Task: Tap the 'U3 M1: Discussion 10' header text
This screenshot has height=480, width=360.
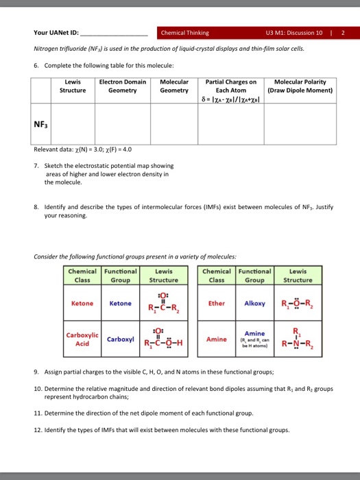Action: point(291,32)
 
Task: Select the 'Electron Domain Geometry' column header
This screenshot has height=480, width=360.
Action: point(123,86)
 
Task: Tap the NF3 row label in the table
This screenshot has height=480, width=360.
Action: point(40,125)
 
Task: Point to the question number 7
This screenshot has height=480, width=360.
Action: point(36,165)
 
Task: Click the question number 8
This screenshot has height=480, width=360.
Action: point(36,205)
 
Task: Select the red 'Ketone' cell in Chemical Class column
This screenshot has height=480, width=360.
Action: point(82,302)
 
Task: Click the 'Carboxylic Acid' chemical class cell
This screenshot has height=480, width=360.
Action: point(82,339)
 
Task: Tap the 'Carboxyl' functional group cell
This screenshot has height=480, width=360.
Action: point(121,339)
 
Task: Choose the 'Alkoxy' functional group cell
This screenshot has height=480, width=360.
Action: point(255,302)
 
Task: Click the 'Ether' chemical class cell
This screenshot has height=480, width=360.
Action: point(217,302)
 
